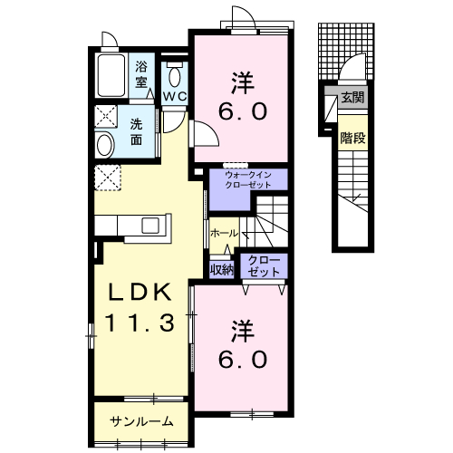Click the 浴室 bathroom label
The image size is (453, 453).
[140, 74]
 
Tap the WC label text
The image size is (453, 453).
[175, 97]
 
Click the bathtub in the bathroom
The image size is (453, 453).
[111, 75]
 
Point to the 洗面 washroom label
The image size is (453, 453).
[137, 132]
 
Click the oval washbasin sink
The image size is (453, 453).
[105, 145]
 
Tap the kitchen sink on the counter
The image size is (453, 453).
[150, 226]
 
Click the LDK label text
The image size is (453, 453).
[140, 292]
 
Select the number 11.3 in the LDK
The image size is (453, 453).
[140, 323]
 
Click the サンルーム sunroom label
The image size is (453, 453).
[141, 421]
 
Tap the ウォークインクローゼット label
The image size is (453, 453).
[248, 180]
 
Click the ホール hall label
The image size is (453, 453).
[225, 233]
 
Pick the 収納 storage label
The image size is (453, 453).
[222, 270]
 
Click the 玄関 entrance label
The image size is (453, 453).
[352, 97]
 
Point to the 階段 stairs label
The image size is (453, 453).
[352, 139]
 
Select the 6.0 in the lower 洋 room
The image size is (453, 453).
[243, 360]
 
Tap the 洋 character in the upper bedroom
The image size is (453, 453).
[243, 82]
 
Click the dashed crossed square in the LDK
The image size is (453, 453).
[108, 178]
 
